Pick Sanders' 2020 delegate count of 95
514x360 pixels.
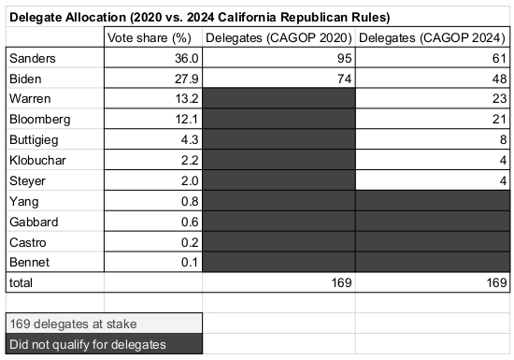tap(340, 58)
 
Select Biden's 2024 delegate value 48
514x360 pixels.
tap(494, 79)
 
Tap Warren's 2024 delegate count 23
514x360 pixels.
tap(494, 98)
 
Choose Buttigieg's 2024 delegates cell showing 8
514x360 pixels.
tap(498, 139)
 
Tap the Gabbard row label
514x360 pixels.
tap(32, 220)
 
